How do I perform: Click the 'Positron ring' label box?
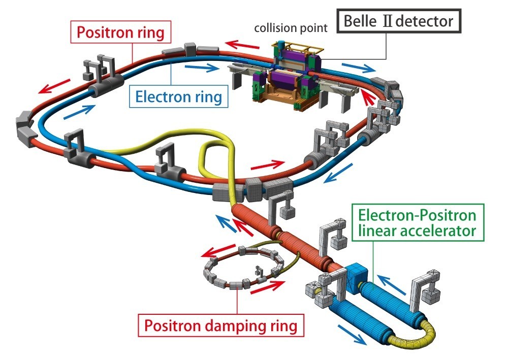coord(120,32)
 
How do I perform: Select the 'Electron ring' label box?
coord(178,96)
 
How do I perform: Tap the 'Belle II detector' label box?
coord(398,21)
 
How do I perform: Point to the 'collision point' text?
coord(291,28)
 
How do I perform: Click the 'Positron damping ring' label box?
coord(221,325)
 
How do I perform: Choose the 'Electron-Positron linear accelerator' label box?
coord(417,223)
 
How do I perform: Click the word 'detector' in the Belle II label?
coord(424,21)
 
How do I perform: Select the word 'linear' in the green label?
coord(377,231)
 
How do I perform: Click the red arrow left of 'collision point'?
coord(242,45)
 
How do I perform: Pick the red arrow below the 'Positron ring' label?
coord(54,86)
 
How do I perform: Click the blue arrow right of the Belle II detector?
coord(359,68)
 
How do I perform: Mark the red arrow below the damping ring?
coord(268,287)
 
